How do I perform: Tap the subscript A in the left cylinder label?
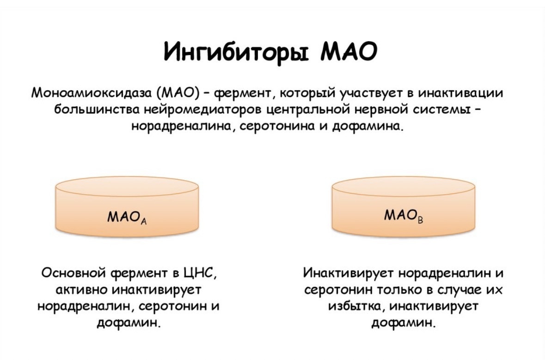tap(144, 221)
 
